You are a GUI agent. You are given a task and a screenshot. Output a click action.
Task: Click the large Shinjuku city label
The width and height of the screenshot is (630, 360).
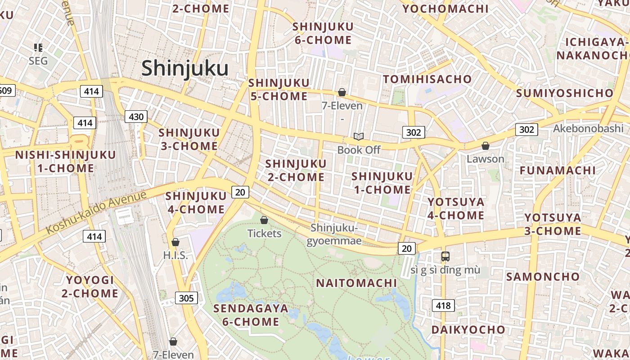click(x=185, y=68)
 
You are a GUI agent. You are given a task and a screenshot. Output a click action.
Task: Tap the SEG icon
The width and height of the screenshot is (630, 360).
click(x=38, y=48)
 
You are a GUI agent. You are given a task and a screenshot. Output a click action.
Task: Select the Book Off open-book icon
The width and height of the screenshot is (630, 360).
click(x=359, y=136)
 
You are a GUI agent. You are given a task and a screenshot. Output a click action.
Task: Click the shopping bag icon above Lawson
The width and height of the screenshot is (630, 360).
click(x=485, y=146)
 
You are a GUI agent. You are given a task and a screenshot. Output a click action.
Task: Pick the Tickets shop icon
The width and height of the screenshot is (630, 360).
click(x=264, y=220)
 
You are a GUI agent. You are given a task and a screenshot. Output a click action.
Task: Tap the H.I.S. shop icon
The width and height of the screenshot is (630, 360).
click(x=175, y=242)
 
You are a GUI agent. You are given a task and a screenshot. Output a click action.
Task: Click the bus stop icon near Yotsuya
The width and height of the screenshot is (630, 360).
click(x=445, y=256)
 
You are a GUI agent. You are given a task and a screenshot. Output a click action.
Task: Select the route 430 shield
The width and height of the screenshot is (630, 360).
click(x=136, y=117)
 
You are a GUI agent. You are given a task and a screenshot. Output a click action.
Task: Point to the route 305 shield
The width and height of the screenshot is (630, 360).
click(x=186, y=298)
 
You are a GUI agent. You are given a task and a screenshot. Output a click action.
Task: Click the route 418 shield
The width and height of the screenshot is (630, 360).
click(x=443, y=306)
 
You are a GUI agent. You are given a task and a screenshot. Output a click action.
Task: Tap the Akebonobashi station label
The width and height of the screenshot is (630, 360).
click(x=588, y=128)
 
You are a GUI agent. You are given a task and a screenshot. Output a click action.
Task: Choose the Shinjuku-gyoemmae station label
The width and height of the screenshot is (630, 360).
click(x=334, y=234)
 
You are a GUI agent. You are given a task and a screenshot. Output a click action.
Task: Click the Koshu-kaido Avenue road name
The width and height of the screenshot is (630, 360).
click(x=96, y=212)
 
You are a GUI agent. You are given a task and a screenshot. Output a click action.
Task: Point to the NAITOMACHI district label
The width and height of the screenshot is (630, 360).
click(x=356, y=283)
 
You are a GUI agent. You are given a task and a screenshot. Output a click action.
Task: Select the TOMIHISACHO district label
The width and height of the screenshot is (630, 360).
click(x=427, y=79)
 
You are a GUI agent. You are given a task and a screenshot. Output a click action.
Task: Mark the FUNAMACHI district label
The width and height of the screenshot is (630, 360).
click(x=558, y=171)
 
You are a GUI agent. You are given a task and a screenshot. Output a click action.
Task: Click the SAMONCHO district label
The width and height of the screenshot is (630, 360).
click(x=543, y=276)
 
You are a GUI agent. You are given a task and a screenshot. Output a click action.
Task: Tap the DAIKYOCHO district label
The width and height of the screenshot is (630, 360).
click(x=468, y=330)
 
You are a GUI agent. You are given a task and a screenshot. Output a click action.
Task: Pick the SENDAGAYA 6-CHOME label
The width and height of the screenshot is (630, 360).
click(x=251, y=315)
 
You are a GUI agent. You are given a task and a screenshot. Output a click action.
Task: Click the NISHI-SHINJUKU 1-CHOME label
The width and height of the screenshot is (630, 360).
click(x=66, y=162)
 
